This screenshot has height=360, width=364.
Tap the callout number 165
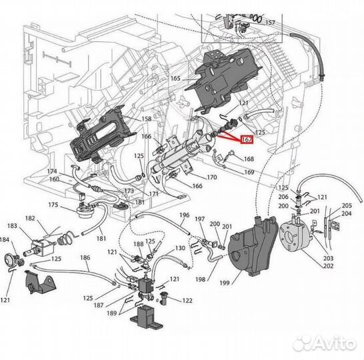pos(175,79)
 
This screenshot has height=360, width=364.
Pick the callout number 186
pos(85,257)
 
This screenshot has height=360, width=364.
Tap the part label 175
pos(53,205)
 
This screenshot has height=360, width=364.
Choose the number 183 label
pos(12,227)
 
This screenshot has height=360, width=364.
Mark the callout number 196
pos(185,215)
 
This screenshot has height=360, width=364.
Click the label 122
pos(187,301)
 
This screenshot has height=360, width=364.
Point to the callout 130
pos(180,248)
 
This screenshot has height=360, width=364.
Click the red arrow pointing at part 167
pos(229,136)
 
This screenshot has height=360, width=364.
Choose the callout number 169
pos(249,172)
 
